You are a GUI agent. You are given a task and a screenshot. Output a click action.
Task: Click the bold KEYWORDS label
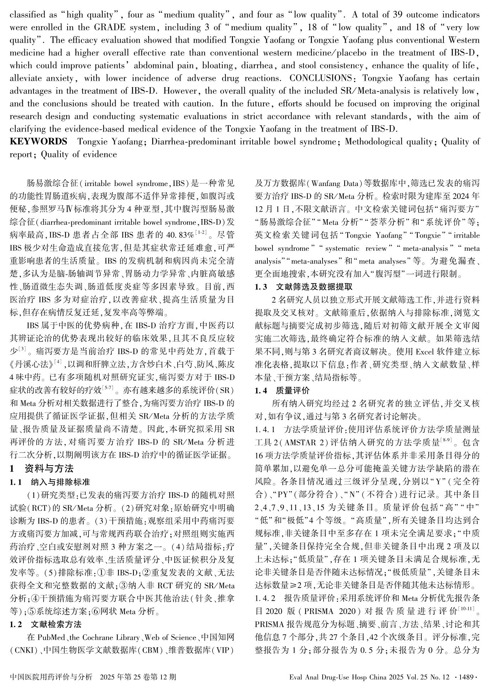pyautogui.click(x=38, y=142)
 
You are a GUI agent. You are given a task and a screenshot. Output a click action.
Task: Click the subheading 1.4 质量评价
pyautogui.click(x=282, y=391)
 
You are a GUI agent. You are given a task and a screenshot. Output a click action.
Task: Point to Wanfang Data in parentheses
pyautogui.click(x=332, y=184)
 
